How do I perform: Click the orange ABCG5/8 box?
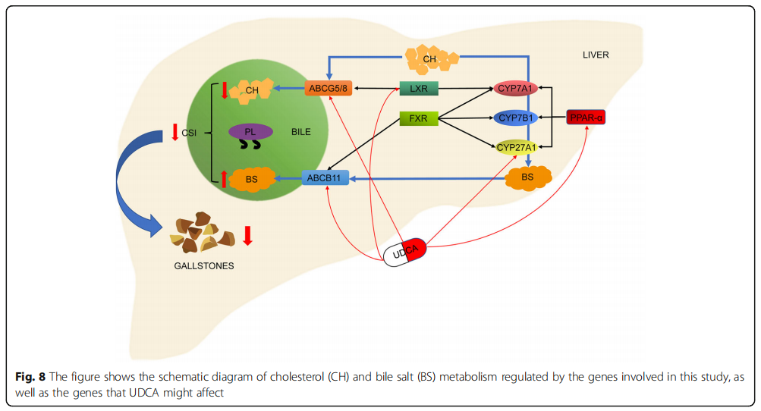click(329, 89)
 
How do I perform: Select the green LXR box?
click(419, 89)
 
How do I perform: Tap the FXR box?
click(419, 118)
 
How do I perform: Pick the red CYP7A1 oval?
click(516, 89)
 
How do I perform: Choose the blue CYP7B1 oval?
click(516, 118)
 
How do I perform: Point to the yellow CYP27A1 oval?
click(516, 147)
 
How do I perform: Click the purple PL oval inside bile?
click(250, 132)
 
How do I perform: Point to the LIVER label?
click(596, 55)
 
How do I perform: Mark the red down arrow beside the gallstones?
click(247, 235)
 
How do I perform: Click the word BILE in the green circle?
click(301, 132)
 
